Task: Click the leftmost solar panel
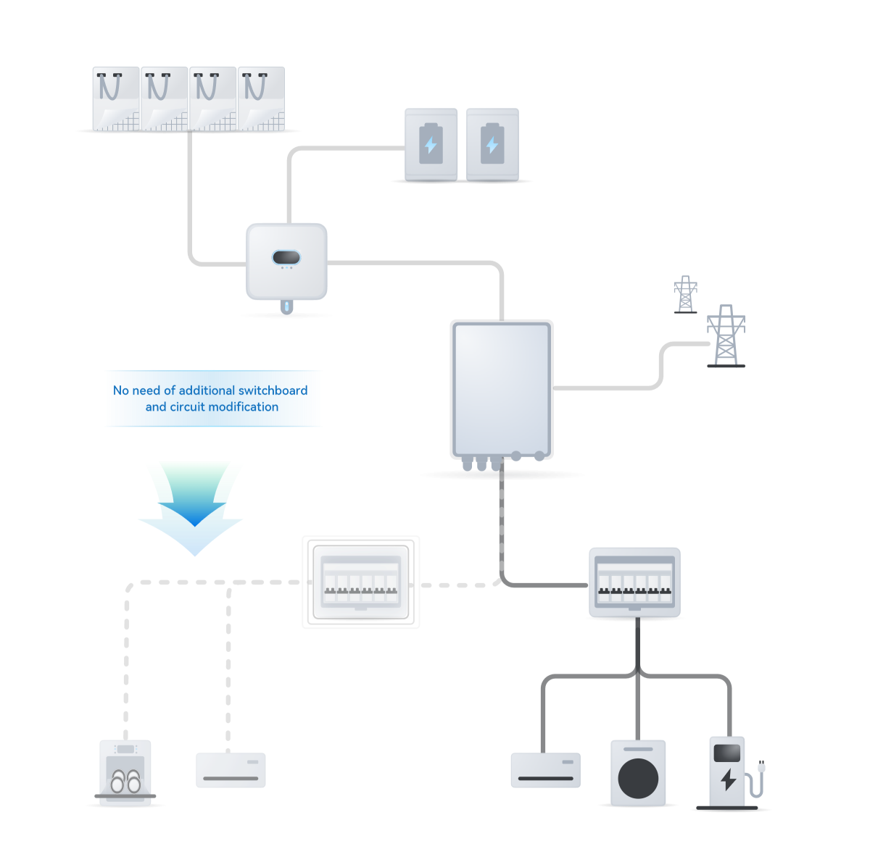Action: pos(116,99)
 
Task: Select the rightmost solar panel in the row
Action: pos(261,99)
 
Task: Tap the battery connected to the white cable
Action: pos(431,145)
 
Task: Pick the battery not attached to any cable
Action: pos(492,145)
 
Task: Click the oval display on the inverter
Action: pos(286,257)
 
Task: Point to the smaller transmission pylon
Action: pos(685,294)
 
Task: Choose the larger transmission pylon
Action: pos(726,335)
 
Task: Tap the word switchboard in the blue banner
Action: pos(273,390)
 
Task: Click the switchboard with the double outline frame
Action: pos(360,582)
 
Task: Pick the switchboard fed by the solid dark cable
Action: pos(634,582)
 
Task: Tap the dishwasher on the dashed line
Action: pos(125,772)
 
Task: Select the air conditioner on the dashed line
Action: pos(231,770)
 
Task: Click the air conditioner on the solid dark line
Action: pos(545,770)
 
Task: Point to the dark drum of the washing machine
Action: pos(638,779)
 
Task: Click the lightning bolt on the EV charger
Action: pos(727,779)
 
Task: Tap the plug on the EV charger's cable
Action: pos(761,767)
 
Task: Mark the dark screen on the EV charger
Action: pos(726,753)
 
